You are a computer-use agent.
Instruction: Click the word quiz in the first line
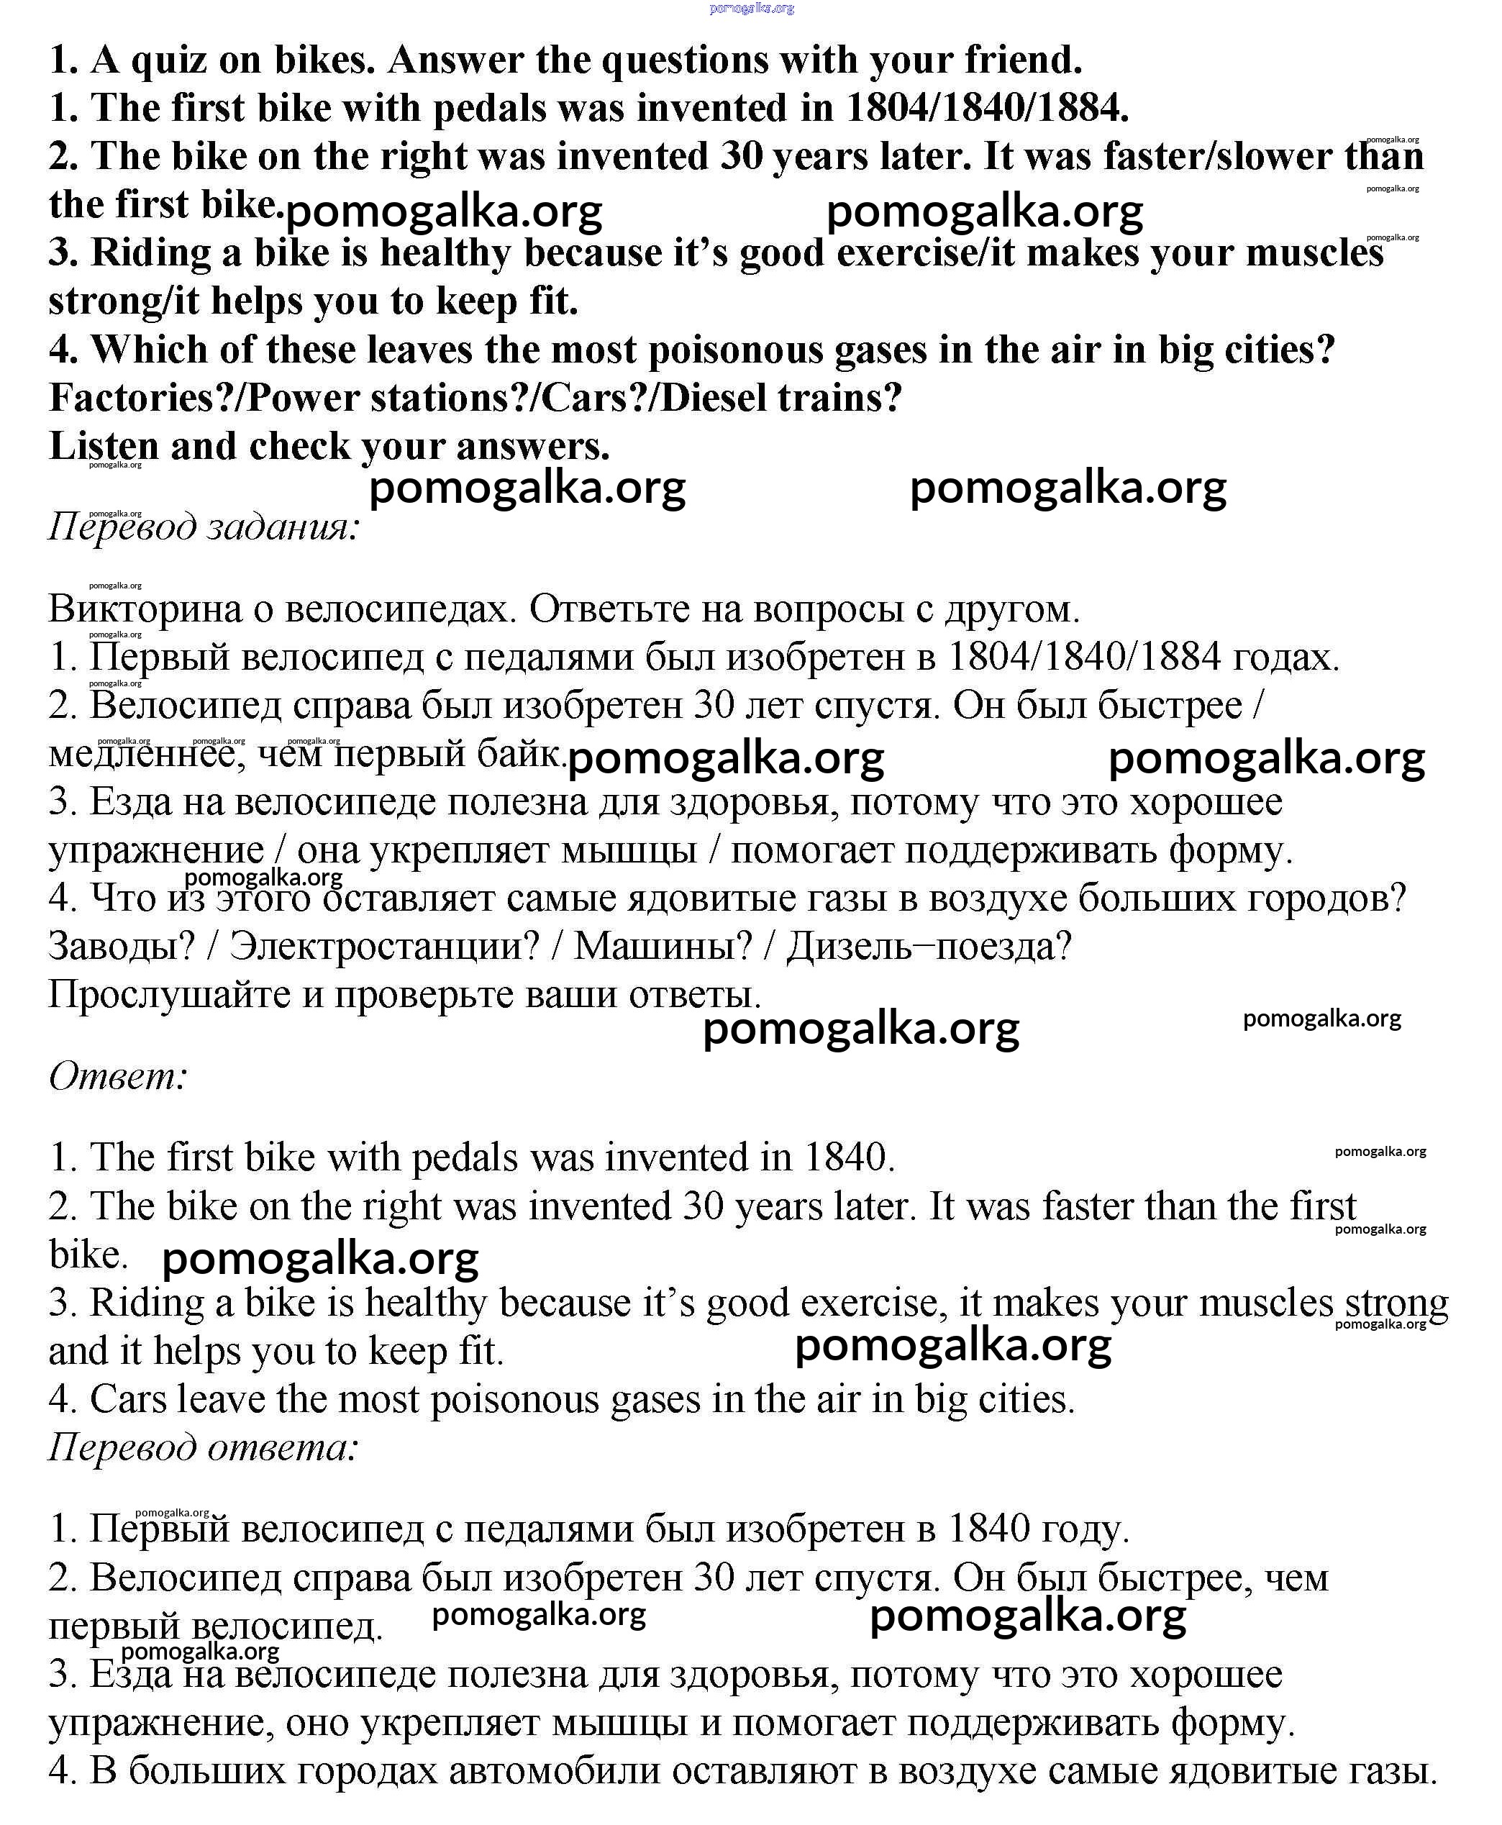pyautogui.click(x=165, y=60)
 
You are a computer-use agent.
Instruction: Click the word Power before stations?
pyautogui.click(x=304, y=398)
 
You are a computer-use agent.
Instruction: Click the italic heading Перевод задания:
pyautogui.click(x=204, y=526)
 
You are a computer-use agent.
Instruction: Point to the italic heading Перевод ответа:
pyautogui.click(x=204, y=1447)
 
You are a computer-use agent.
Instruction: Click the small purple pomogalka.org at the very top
pyautogui.click(x=750, y=9)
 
